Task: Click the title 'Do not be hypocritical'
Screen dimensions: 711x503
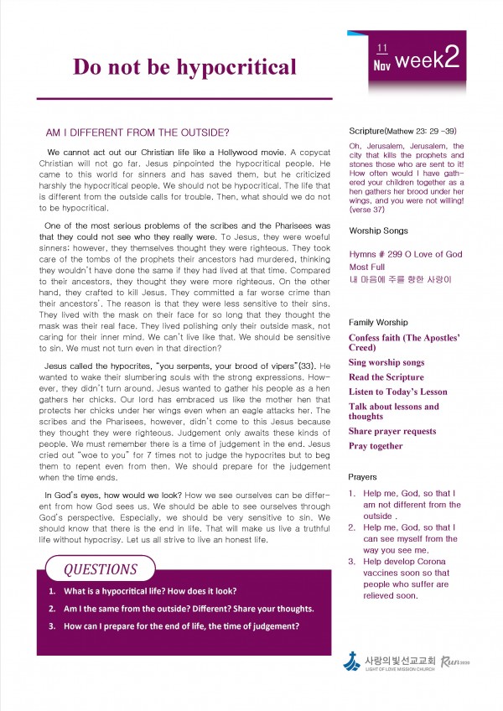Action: coord(184,66)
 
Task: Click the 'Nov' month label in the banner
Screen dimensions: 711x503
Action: coord(382,65)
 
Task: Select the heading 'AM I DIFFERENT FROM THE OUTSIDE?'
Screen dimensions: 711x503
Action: coord(137,132)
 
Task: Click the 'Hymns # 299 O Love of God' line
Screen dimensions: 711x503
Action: coord(405,254)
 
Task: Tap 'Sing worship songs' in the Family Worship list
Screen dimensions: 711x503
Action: coord(386,362)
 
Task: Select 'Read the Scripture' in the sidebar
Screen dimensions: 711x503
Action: coord(387,377)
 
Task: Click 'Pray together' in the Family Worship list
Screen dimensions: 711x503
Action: coord(376,446)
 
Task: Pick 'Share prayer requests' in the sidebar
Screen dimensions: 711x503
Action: coord(392,431)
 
